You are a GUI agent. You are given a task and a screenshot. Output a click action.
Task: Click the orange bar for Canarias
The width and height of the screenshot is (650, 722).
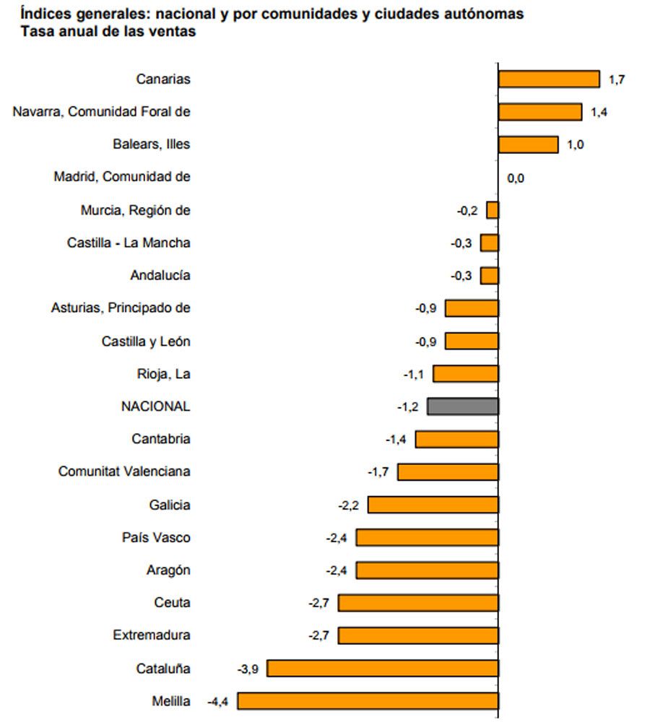(x=549, y=79)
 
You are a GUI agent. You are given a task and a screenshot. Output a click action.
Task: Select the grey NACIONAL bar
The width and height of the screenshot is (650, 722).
(x=463, y=406)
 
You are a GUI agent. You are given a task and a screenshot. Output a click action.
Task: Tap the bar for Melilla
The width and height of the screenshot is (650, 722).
(x=368, y=701)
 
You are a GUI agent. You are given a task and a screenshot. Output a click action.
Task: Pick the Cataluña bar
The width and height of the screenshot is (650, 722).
(x=383, y=669)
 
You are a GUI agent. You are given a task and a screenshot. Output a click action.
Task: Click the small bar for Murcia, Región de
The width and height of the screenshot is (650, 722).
(x=493, y=210)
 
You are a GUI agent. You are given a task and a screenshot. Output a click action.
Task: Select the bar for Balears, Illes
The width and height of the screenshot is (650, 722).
(x=528, y=144)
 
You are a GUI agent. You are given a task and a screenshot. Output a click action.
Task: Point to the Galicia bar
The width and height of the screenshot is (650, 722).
(x=433, y=505)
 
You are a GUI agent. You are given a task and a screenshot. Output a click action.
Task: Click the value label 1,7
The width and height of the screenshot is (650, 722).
(x=617, y=79)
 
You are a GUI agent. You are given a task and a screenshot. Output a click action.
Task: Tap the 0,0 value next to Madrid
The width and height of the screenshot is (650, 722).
(x=516, y=178)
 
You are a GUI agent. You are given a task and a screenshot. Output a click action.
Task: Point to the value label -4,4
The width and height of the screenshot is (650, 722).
(x=218, y=701)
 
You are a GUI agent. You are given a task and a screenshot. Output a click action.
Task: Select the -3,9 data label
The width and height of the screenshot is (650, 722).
(x=248, y=669)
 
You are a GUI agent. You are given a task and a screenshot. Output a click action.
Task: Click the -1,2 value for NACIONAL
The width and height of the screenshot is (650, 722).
(x=407, y=407)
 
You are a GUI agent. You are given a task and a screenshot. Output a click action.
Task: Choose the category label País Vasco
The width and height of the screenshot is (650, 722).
(x=157, y=538)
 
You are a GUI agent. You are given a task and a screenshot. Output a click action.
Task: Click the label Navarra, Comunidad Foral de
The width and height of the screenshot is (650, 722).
(x=102, y=111)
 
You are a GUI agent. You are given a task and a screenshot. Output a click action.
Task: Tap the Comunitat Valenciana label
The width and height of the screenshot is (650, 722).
(x=124, y=471)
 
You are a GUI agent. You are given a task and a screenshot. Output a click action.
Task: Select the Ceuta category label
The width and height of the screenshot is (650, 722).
(x=172, y=603)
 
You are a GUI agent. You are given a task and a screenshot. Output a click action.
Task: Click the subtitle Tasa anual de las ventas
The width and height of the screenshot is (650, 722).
(x=108, y=32)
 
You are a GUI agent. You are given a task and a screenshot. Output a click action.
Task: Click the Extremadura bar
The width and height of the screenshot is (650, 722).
(x=418, y=635)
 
